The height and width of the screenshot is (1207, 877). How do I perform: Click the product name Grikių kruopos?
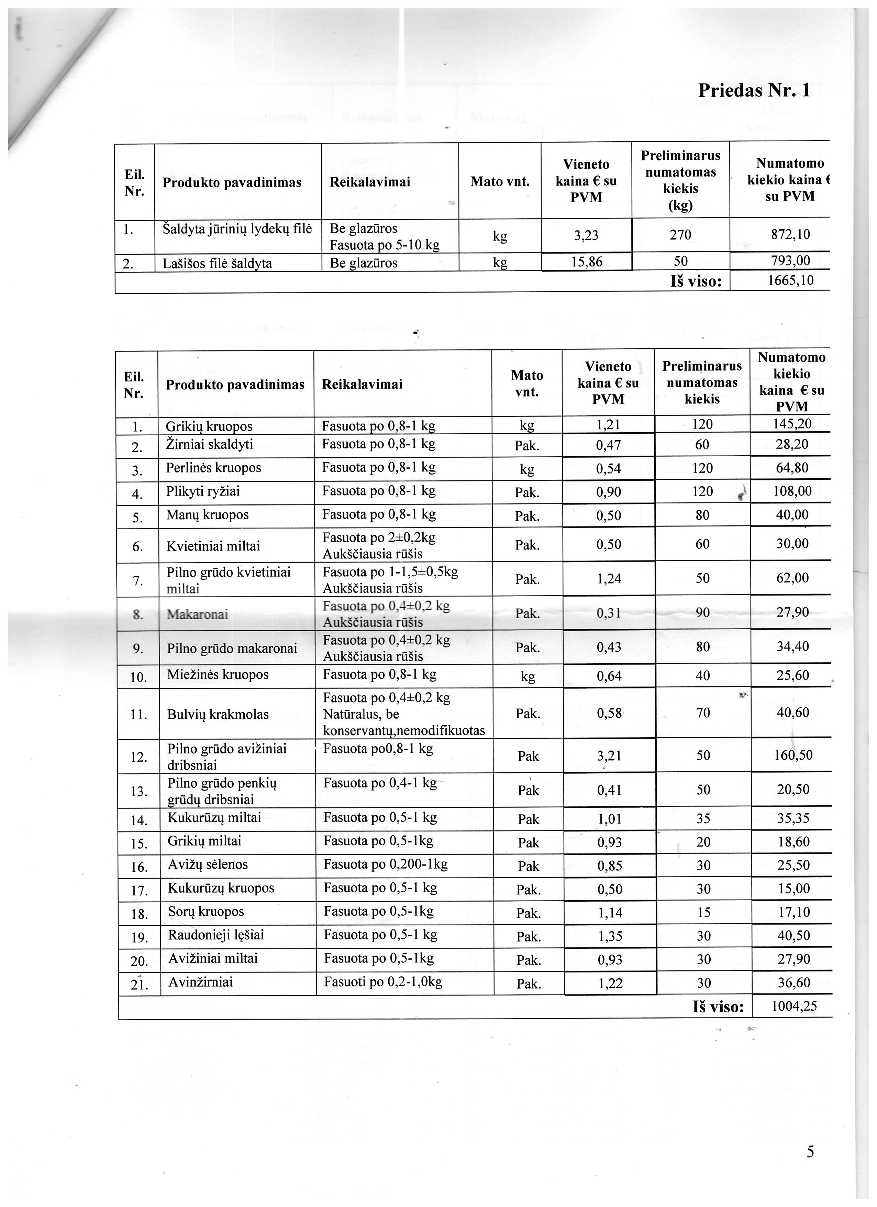(209, 426)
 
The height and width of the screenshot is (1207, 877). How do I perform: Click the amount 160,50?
(793, 755)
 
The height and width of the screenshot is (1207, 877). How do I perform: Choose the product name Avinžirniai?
(200, 982)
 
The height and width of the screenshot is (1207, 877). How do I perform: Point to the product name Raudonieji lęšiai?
(216, 935)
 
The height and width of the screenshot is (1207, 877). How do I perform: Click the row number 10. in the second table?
(138, 677)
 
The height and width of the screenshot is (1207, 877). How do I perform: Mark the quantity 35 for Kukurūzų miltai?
(703, 818)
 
